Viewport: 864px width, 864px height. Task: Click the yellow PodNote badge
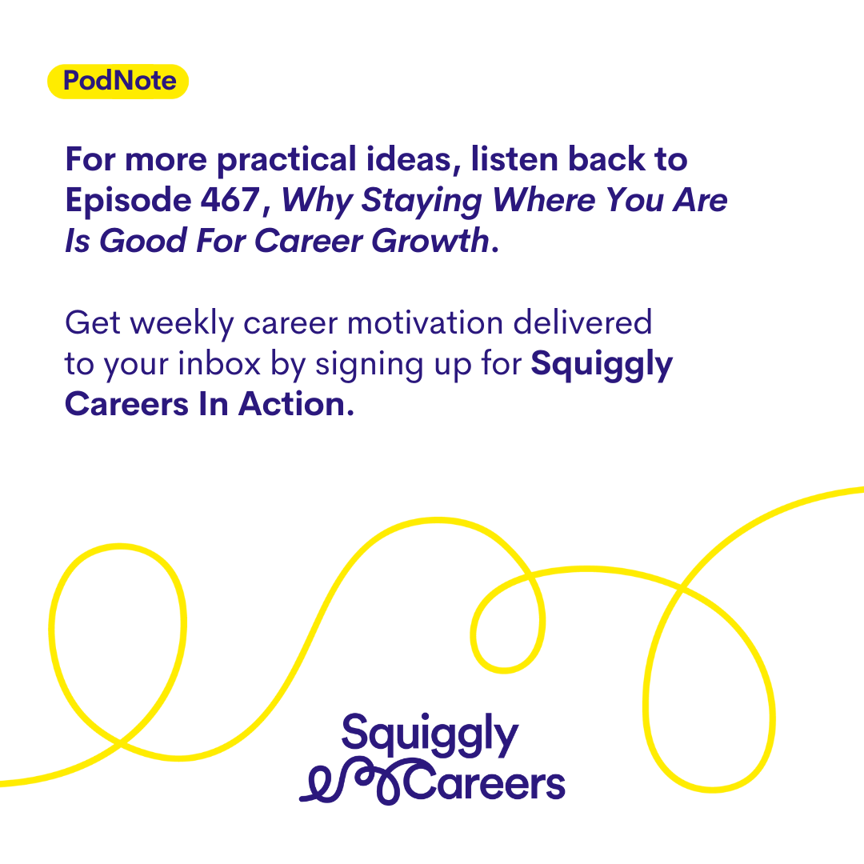coord(118,82)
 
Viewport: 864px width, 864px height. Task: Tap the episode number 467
coord(230,199)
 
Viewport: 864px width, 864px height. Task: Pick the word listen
coord(514,158)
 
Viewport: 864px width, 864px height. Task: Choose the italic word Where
coord(543,199)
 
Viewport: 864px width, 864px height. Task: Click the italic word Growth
coord(430,240)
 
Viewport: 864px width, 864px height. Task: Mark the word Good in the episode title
coord(142,241)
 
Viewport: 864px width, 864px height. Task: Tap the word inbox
coord(219,363)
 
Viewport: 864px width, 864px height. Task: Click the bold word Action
coord(297,404)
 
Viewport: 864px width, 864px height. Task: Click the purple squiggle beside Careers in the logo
coord(353,782)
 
